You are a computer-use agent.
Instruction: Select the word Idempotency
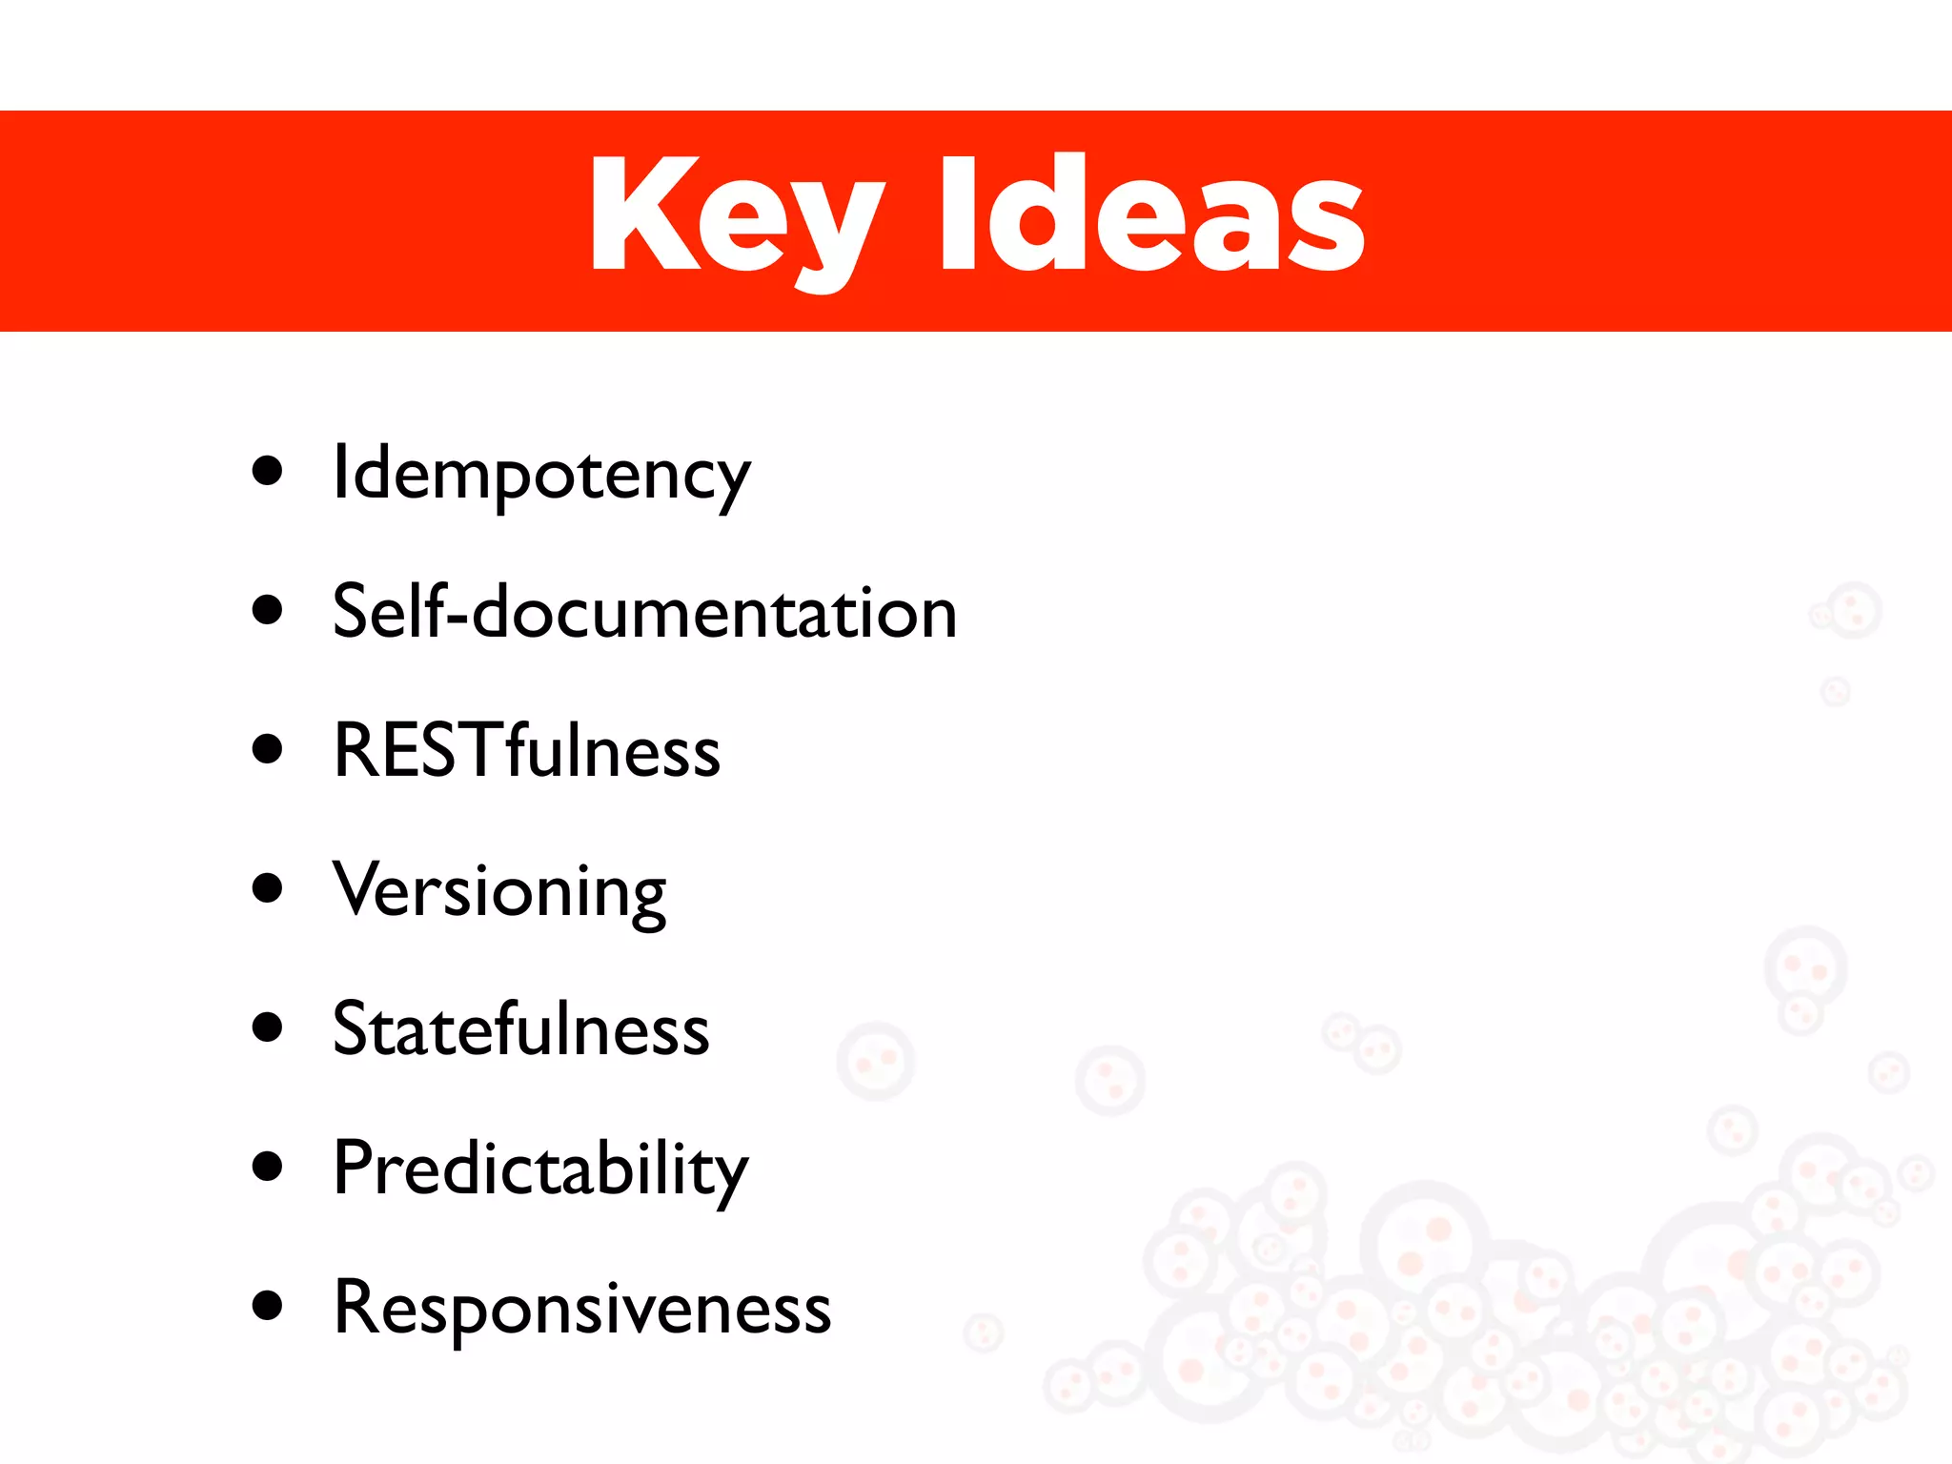click(x=540, y=475)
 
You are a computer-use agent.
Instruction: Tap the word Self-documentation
click(x=644, y=612)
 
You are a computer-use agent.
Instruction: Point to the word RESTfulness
click(x=526, y=751)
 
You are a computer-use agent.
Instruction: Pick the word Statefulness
click(x=520, y=1029)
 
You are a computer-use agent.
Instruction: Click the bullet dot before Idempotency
click(x=268, y=471)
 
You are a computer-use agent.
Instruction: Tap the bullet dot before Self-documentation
click(x=268, y=610)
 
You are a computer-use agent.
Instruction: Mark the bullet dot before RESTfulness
click(x=268, y=749)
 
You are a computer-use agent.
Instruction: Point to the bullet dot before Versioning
click(x=268, y=888)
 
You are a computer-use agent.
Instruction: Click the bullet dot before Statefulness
click(x=268, y=1027)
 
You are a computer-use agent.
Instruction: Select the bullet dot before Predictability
click(x=268, y=1167)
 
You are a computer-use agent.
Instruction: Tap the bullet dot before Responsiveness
click(x=268, y=1306)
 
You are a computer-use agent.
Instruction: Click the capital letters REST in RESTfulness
click(x=419, y=751)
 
